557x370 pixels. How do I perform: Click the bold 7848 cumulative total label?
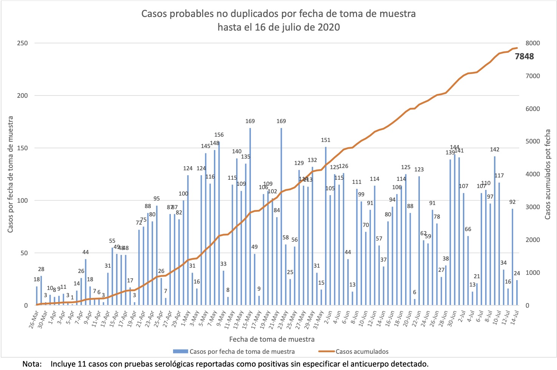pos(524,57)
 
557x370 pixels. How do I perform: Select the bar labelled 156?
pos(219,223)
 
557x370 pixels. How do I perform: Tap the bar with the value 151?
pos(326,227)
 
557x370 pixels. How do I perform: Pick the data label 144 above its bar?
pos(455,147)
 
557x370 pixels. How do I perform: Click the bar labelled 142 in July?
pos(495,230)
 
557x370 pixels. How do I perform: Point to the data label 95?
pos(156,199)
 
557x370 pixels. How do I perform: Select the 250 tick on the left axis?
pos(23,43)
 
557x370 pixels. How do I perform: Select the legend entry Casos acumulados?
pos(362,351)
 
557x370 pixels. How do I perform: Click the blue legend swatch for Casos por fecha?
pos(180,351)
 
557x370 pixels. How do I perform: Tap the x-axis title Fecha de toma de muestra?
pos(272,339)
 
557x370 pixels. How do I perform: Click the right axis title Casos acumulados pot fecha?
pos(548,174)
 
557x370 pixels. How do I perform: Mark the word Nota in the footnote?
pos(32,364)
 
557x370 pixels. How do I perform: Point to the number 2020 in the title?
pos(328,28)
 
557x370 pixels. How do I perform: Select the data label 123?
pos(419,170)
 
